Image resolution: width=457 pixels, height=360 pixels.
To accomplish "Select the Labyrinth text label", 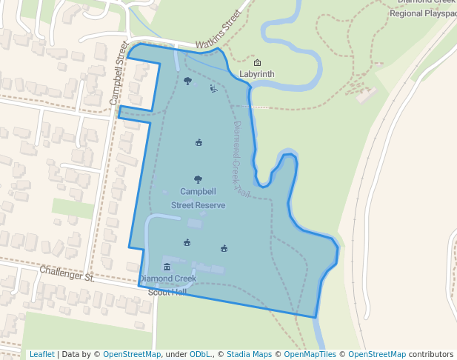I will (257, 74).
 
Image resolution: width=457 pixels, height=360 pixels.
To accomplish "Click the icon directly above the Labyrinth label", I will (257, 62).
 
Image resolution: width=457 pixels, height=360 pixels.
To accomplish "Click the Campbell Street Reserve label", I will (198, 198).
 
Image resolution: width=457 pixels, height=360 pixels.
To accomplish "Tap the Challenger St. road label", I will (67, 274).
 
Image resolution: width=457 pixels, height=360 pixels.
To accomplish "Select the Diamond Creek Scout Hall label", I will (167, 284).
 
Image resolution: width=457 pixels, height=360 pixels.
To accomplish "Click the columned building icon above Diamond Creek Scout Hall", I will (167, 267).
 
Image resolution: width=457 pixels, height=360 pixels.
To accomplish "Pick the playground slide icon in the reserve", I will (213, 90).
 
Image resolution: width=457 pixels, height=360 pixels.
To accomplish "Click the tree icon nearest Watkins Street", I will (187, 81).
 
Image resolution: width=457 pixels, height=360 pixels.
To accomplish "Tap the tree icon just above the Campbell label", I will (198, 179).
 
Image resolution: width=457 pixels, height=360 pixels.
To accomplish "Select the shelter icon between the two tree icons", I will (199, 142).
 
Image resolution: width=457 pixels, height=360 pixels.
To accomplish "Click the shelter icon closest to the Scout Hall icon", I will (187, 242).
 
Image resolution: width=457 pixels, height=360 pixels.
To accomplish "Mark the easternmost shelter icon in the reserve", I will (224, 248).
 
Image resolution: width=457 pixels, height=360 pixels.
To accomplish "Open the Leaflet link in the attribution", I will (41, 354).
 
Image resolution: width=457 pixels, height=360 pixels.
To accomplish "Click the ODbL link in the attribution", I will (199, 354).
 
